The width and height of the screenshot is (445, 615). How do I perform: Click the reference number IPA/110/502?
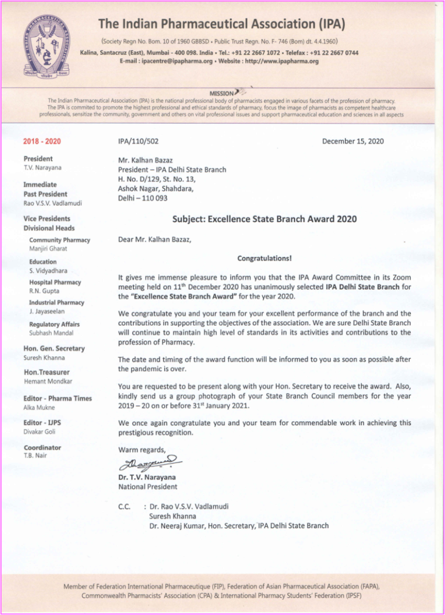(x=138, y=141)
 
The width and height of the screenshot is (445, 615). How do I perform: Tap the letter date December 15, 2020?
(x=353, y=141)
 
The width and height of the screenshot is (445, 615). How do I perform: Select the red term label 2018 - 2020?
(x=42, y=141)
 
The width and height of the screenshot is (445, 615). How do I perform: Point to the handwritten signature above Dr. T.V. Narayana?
(x=150, y=463)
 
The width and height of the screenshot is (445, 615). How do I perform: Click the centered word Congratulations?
(x=265, y=258)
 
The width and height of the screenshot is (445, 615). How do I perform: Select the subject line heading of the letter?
(x=265, y=219)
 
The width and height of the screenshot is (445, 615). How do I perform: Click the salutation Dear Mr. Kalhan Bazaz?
(x=155, y=240)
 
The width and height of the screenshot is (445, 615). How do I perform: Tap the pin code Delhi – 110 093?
(x=143, y=198)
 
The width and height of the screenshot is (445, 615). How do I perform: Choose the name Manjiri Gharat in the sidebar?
(x=48, y=249)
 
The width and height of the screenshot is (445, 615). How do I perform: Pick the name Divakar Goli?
(x=39, y=432)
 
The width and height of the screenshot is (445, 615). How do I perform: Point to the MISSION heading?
(x=222, y=94)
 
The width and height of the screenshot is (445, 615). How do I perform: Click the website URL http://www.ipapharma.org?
(x=282, y=61)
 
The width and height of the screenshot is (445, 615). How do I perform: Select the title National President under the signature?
(x=148, y=487)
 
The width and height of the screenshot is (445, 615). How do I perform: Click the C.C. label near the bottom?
(x=125, y=507)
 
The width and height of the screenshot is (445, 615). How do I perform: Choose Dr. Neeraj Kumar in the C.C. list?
(x=176, y=525)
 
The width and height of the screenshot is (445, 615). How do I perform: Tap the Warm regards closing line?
(x=142, y=450)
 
